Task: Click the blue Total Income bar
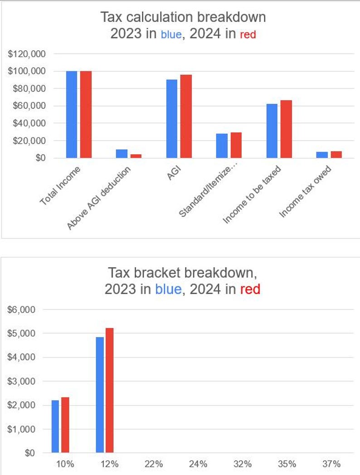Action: pyautogui.click(x=72, y=114)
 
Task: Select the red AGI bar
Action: pyautogui.click(x=186, y=116)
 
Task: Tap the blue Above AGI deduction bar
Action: pyautogui.click(x=122, y=153)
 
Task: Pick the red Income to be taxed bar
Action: pyautogui.click(x=286, y=129)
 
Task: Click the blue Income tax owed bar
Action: pyautogui.click(x=322, y=155)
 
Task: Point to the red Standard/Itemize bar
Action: pyautogui.click(x=236, y=145)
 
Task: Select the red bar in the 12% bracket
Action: pyautogui.click(x=109, y=390)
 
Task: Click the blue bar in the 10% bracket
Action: pyautogui.click(x=55, y=426)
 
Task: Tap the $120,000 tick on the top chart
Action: pyautogui.click(x=27, y=54)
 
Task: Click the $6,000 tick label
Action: pyautogui.click(x=22, y=310)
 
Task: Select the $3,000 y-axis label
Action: pyautogui.click(x=22, y=381)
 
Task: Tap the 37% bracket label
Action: pyautogui.click(x=331, y=464)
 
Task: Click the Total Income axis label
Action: pyautogui.click(x=60, y=186)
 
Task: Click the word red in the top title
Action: pyautogui.click(x=248, y=34)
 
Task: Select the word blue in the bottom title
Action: pyautogui.click(x=168, y=289)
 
